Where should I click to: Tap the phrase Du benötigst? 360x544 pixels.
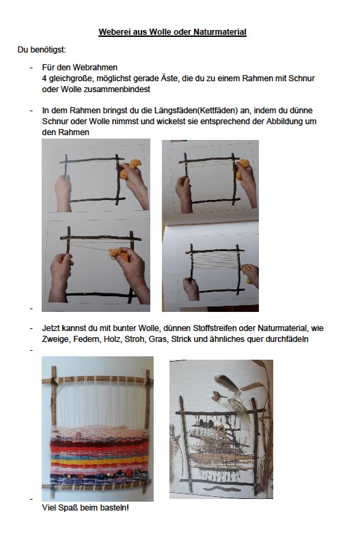[42, 50]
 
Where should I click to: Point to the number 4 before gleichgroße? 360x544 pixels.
[44, 78]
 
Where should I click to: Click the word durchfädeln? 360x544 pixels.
[283, 339]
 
